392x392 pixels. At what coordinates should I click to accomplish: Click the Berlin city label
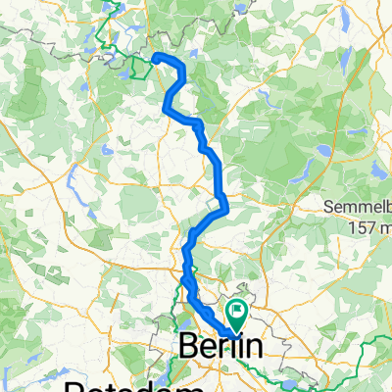(x=222, y=347)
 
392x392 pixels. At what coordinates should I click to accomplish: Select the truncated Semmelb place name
(x=358, y=208)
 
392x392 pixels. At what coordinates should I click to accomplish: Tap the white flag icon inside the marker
(x=236, y=312)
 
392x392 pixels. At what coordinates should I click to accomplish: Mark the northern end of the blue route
(x=156, y=57)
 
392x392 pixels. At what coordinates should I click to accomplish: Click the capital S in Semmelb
(x=330, y=208)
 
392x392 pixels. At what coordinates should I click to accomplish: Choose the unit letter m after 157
(x=383, y=227)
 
